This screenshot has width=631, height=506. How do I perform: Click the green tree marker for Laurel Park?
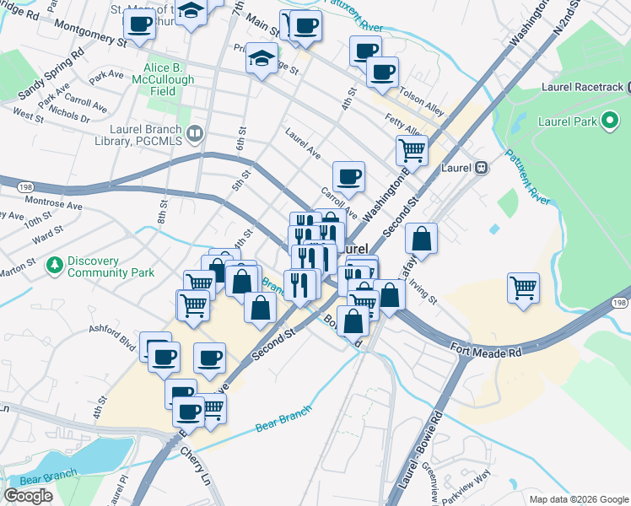pyautogui.click(x=608, y=122)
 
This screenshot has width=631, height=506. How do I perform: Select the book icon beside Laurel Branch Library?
pyautogui.click(x=196, y=132)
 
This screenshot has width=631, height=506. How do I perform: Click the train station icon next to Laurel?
pyautogui.click(x=481, y=167)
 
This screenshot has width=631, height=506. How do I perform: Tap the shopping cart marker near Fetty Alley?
pyautogui.click(x=412, y=150)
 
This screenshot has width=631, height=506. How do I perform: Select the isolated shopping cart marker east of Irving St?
pyautogui.click(x=523, y=287)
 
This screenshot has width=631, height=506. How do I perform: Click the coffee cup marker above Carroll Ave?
pyautogui.click(x=348, y=176)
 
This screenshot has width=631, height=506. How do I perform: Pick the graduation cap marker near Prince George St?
pyautogui.click(x=262, y=60)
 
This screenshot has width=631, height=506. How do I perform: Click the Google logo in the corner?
pyautogui.click(x=28, y=496)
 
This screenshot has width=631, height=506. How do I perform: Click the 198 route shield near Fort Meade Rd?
pyautogui.click(x=620, y=302)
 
